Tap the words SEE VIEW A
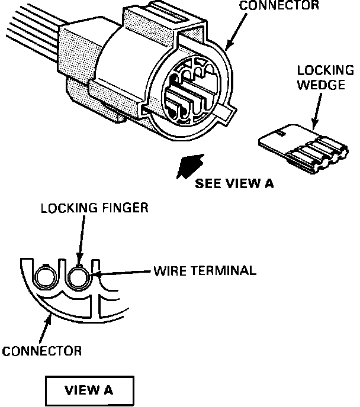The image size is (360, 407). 234,183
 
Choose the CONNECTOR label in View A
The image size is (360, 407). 41,351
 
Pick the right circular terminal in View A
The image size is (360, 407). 79,276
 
